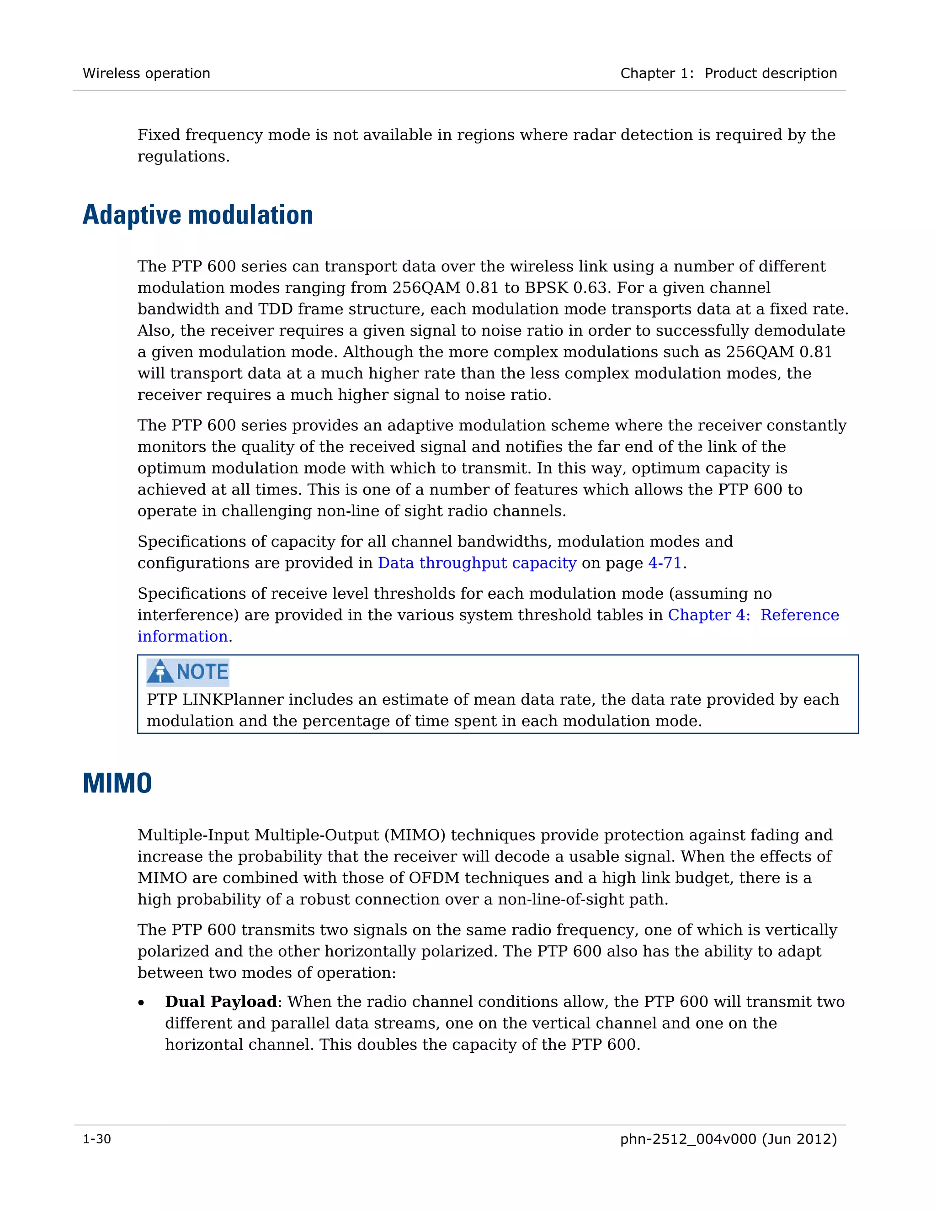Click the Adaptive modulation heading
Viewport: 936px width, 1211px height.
197,215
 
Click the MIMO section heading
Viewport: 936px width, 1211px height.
117,783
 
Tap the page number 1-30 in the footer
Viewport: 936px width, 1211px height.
97,1139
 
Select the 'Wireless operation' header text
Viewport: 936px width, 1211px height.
146,73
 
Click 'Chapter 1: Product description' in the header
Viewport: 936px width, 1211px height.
728,73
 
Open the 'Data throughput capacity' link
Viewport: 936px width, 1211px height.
477,563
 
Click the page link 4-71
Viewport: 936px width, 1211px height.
664,563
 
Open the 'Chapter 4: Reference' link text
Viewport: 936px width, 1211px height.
753,615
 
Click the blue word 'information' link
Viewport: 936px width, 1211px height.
182,637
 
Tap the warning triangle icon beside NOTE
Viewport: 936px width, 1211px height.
160,671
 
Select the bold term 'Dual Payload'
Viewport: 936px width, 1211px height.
221,1001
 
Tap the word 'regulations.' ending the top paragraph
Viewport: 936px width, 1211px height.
183,157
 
